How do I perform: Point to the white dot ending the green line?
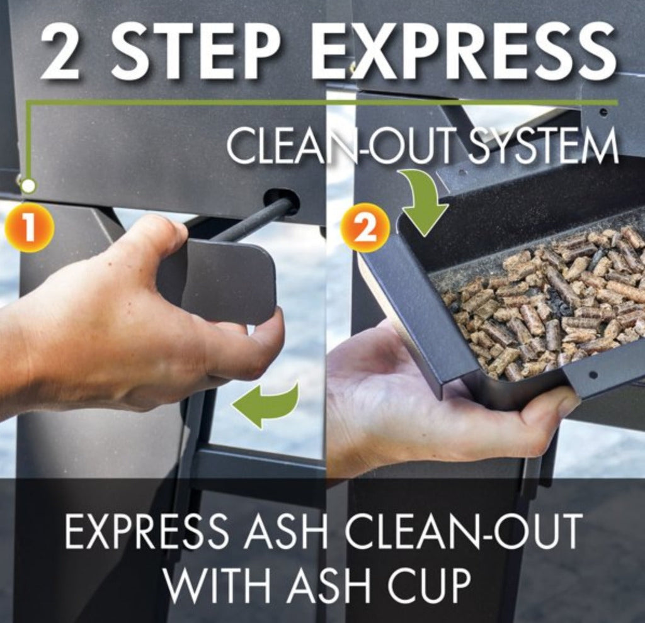[28, 186]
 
